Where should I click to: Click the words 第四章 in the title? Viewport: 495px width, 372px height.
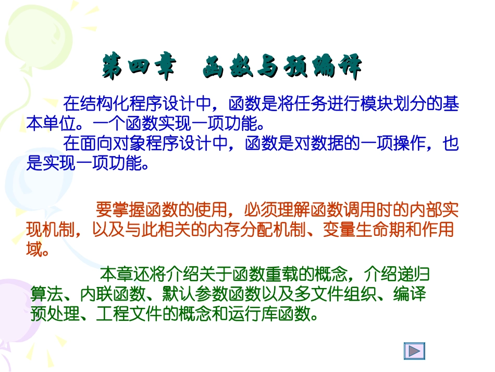click(137, 68)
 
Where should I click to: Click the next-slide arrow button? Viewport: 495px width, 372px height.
click(414, 351)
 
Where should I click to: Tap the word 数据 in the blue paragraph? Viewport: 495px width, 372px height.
click(311, 143)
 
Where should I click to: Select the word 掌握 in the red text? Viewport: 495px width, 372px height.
click(128, 210)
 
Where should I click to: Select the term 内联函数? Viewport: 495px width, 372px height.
click(112, 294)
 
